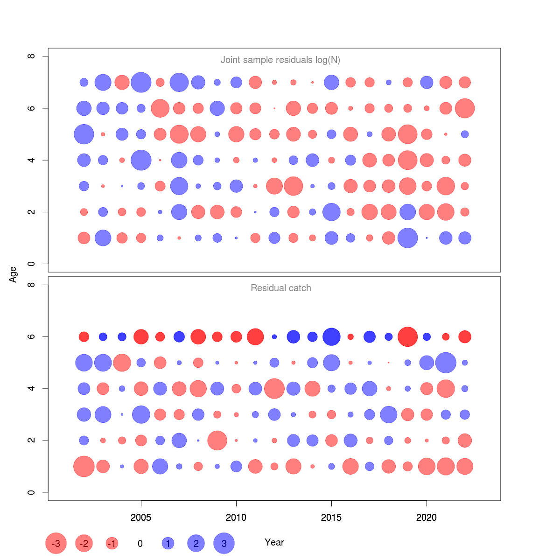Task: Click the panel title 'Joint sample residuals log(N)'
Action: click(280, 60)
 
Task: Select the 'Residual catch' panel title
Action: click(280, 288)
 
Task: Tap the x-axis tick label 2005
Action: click(141, 517)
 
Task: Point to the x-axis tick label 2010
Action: click(236, 517)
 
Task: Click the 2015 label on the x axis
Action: click(331, 517)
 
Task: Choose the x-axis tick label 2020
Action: click(427, 517)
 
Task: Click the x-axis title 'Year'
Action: click(274, 542)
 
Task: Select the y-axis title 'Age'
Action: click(13, 274)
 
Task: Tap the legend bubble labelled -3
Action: click(56, 543)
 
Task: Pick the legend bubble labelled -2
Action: click(84, 543)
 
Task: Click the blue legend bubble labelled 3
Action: click(224, 543)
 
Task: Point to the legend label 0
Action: click(140, 544)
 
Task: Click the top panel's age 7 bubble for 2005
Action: click(141, 83)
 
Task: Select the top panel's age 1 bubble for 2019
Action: click(407, 238)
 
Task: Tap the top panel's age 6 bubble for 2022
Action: click(465, 108)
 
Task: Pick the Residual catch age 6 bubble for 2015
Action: click(331, 336)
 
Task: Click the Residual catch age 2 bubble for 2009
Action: click(217, 441)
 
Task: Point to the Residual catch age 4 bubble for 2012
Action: click(274, 389)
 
